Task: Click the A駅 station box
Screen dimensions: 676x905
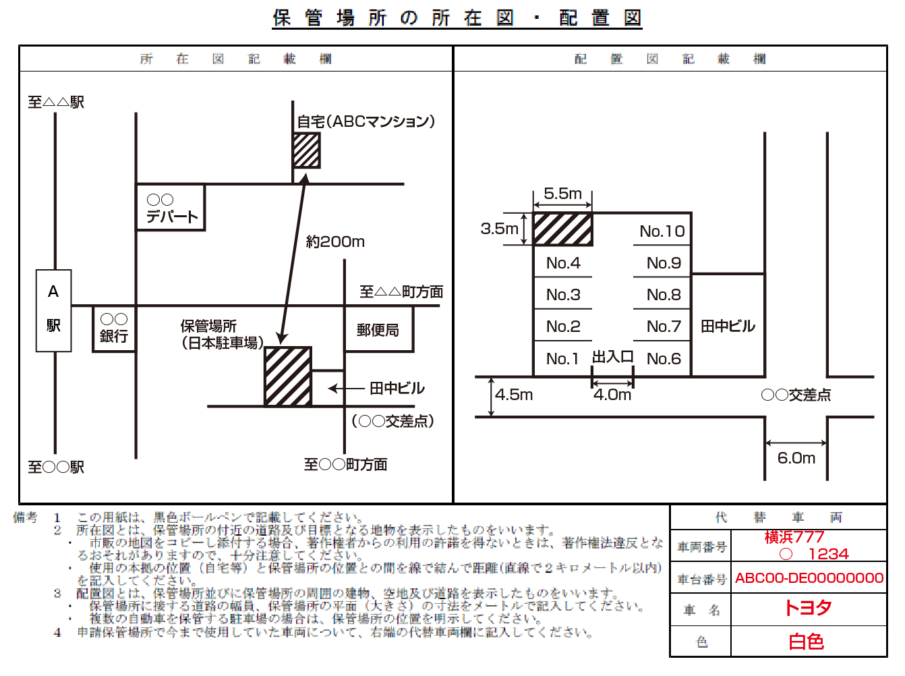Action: [53, 310]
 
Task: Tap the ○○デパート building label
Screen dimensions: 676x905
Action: [171, 208]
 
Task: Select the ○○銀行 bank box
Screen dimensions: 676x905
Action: [113, 328]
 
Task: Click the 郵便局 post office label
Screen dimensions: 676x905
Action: [378, 330]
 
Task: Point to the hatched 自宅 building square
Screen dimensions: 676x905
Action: [306, 150]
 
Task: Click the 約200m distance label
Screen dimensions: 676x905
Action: [335, 242]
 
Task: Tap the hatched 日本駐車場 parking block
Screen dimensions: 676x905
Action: [288, 376]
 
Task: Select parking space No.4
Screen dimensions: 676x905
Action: [563, 262]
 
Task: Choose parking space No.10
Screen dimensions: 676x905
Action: [662, 231]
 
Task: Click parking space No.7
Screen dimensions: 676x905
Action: [663, 327]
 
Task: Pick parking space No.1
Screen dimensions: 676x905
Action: [562, 358]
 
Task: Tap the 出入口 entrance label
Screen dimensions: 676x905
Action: [612, 356]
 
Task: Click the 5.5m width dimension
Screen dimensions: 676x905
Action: [562, 194]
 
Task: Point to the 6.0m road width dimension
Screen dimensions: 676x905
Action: [796, 458]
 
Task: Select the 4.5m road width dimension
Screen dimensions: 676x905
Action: [514, 394]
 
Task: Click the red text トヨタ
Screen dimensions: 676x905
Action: [808, 608]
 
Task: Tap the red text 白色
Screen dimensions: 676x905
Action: [807, 641]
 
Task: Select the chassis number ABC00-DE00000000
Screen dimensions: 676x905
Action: [809, 578]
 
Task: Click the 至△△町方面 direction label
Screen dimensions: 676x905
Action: [401, 291]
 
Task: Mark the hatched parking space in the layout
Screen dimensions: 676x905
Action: [562, 229]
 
